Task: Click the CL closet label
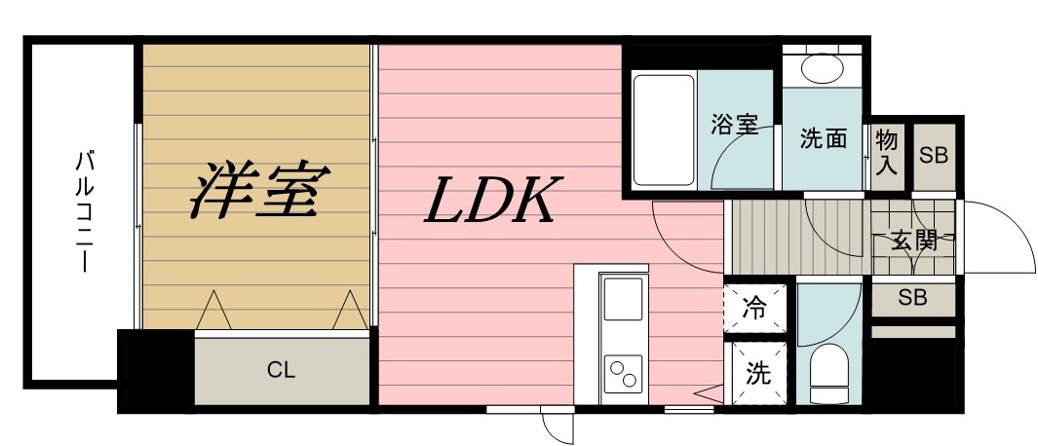(281, 371)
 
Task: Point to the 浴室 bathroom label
(735, 125)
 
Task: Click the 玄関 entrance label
(914, 241)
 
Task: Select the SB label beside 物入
(934, 157)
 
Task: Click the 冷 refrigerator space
(754, 308)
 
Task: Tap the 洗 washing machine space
(758, 373)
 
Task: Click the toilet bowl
(828, 373)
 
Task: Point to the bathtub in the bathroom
(664, 130)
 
